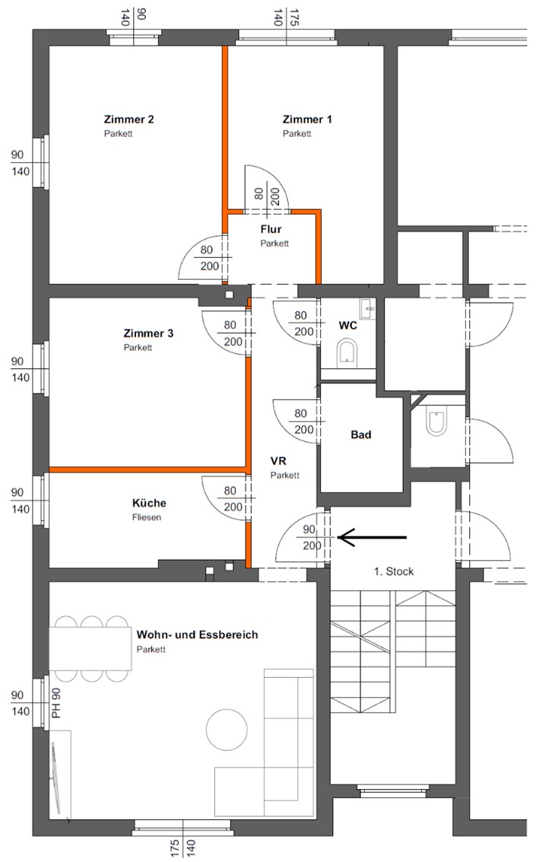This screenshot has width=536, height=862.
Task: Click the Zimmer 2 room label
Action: (129, 119)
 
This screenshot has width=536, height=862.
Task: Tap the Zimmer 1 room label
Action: (307, 119)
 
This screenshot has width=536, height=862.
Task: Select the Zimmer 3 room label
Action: (148, 333)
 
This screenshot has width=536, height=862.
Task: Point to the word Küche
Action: (149, 503)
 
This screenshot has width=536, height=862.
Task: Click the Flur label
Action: (271, 229)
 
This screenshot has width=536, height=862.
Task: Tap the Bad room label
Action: (361, 435)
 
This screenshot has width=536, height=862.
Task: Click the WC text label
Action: (347, 326)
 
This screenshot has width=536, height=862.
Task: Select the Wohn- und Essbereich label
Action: (197, 635)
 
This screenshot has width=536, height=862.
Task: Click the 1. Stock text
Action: (394, 571)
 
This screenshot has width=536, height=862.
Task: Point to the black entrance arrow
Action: (372, 537)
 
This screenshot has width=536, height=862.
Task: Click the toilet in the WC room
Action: (347, 351)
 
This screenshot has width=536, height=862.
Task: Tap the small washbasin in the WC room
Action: (367, 308)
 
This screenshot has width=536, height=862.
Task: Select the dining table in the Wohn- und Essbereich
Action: (90, 649)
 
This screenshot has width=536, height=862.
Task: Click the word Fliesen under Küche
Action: (147, 517)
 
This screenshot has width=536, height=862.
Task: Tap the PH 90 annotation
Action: (56, 703)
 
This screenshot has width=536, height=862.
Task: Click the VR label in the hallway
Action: (278, 461)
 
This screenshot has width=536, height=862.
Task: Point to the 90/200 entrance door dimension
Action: (312, 537)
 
